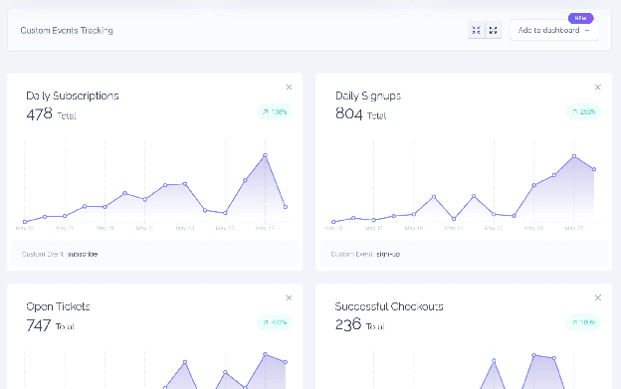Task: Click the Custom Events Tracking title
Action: click(x=67, y=30)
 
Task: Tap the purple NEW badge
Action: click(x=580, y=18)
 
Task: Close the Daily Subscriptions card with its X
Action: click(x=289, y=88)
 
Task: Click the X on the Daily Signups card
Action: click(x=597, y=88)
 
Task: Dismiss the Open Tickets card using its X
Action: click(x=289, y=297)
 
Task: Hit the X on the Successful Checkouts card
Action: click(x=597, y=297)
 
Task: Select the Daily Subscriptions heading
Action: click(x=73, y=96)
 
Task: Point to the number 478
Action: click(x=39, y=113)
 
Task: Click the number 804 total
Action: click(x=348, y=113)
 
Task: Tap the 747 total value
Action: click(x=39, y=324)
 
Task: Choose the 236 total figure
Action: click(x=348, y=324)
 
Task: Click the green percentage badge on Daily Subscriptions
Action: click(x=274, y=111)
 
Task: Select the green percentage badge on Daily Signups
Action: click(x=582, y=111)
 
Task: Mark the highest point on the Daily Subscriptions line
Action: click(x=265, y=155)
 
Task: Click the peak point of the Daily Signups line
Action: click(x=574, y=156)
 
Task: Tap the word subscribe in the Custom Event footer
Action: click(x=83, y=254)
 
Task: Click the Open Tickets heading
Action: click(x=58, y=306)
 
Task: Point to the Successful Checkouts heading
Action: click(x=389, y=306)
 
